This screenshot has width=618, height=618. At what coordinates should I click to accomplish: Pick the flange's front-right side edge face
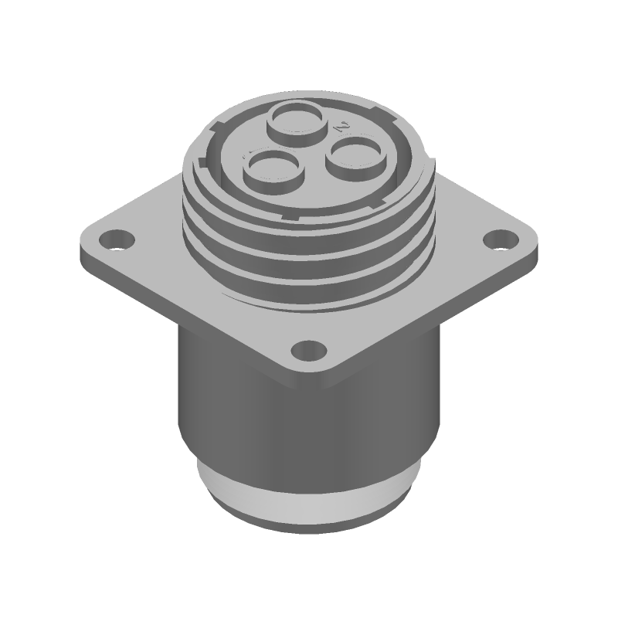[433, 324]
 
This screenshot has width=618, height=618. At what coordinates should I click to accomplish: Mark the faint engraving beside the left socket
[250, 153]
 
